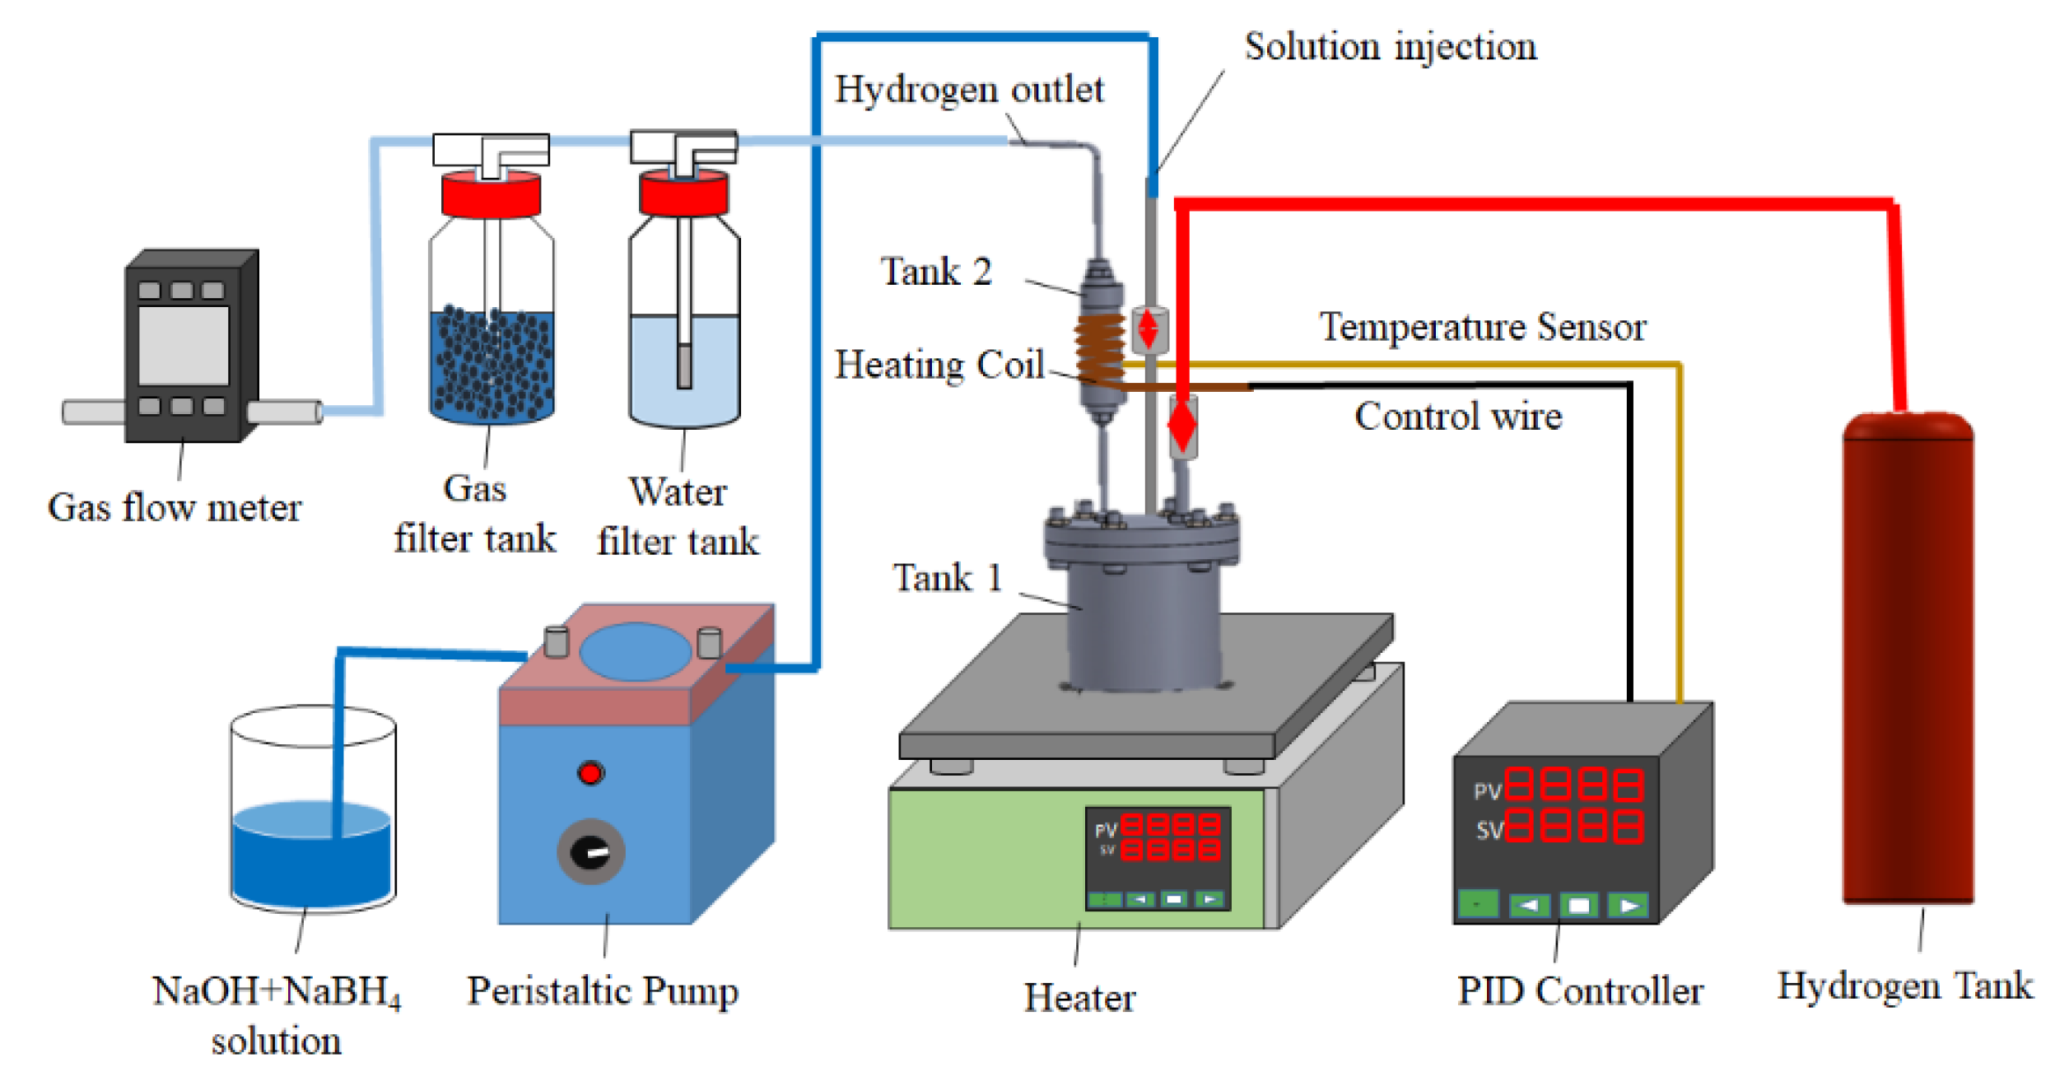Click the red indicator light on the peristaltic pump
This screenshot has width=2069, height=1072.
[590, 773]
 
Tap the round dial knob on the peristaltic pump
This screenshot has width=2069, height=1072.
[590, 851]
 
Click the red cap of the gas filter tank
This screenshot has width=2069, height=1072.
[491, 194]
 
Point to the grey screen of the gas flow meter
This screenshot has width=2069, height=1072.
[184, 346]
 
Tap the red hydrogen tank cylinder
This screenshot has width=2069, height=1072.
[1907, 659]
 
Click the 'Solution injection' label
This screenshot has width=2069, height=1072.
[1390, 46]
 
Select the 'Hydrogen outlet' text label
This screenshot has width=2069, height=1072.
[969, 90]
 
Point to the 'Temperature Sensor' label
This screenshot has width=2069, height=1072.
[1483, 327]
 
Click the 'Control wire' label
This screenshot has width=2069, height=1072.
[1458, 416]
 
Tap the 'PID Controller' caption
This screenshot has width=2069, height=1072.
[1579, 990]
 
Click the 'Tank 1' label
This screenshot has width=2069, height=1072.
[948, 577]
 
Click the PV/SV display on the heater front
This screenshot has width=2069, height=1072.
[1157, 837]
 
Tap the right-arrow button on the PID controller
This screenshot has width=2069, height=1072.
[1628, 906]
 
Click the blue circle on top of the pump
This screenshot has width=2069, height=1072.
[635, 651]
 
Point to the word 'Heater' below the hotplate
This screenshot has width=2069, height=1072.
[1079, 997]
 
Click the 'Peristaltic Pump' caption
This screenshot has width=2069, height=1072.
[603, 990]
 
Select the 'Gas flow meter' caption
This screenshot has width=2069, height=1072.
[175, 507]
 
